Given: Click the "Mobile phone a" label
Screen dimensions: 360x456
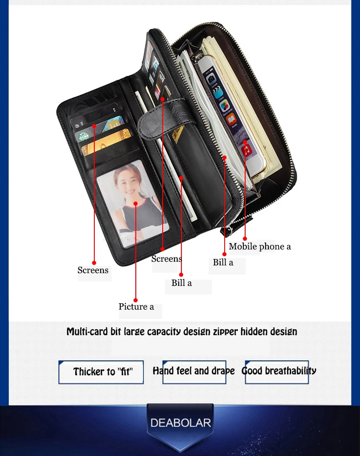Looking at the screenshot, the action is [260, 247].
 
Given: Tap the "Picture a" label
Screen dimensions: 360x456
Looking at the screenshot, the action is [136, 307].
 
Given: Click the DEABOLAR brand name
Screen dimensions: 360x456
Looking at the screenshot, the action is [180, 422].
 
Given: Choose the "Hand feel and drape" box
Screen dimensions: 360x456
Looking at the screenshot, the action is [194, 371].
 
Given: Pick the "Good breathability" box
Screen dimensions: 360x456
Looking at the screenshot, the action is [278, 371].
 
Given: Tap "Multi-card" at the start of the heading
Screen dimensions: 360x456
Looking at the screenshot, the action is [87, 332].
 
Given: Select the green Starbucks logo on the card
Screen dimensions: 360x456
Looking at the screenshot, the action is [83, 136].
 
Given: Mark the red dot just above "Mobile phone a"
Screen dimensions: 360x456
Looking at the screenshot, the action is [245, 238].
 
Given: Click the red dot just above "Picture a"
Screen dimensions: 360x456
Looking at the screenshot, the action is [135, 299].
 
